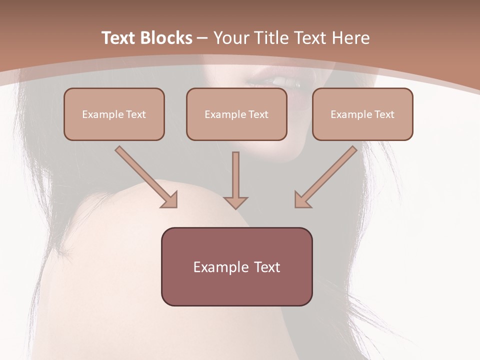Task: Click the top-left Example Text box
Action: point(114,114)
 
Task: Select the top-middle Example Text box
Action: point(236,114)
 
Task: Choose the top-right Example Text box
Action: point(362,114)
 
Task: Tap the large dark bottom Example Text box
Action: point(236,266)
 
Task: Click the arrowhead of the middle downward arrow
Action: point(235,202)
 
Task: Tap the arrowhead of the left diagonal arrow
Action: point(170,200)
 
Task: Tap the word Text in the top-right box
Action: point(384,114)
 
